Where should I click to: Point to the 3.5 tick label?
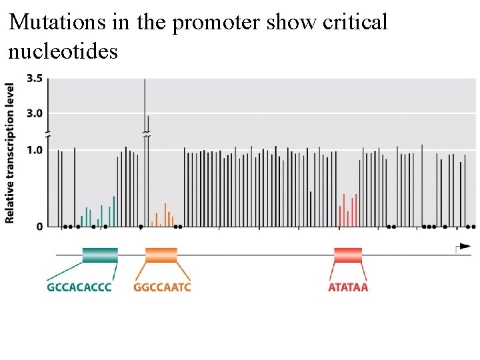pos(34,79)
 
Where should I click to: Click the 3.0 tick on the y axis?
pos(34,113)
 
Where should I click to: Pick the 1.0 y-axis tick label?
pos(34,150)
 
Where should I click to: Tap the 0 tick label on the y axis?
pos(39,227)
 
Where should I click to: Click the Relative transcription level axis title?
pos(10,153)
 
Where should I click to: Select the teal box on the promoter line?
pos(100,255)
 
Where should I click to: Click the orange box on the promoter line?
pos(161,255)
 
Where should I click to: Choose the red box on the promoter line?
pos(348,255)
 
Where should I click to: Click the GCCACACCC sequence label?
pos(79,288)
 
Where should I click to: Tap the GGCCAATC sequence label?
pos(162,288)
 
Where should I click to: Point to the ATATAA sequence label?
pos(348,288)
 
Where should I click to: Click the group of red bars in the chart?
pos(348,210)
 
